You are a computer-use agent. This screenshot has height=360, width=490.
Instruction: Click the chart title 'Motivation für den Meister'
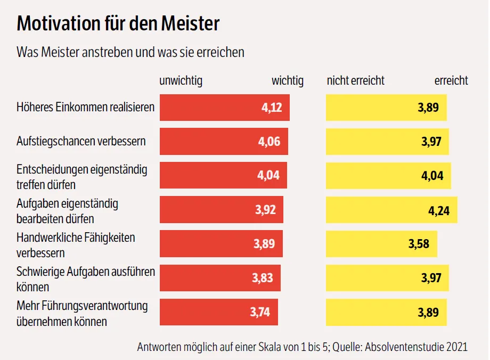pyautogui.click(x=118, y=24)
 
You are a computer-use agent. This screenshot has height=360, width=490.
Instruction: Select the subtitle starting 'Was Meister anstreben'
pyautogui.click(x=130, y=52)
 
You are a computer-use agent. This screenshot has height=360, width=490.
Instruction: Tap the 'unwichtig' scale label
pyautogui.click(x=181, y=81)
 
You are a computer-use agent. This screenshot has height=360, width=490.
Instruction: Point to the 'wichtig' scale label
pyautogui.click(x=287, y=81)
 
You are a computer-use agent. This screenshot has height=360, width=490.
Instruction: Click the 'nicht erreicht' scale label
pyautogui.click(x=355, y=81)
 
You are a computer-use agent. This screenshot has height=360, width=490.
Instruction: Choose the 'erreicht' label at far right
pyautogui.click(x=451, y=81)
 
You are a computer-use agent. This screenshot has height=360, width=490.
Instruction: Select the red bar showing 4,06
pyautogui.click(x=224, y=142)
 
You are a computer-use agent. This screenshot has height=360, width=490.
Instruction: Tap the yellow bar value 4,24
pyautogui.click(x=439, y=210)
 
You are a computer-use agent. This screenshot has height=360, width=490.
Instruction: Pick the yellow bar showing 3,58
pyautogui.click(x=381, y=244)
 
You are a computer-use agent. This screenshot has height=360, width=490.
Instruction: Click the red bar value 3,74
pyautogui.click(x=260, y=312)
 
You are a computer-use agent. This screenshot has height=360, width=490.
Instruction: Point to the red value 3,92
pyautogui.click(x=265, y=210)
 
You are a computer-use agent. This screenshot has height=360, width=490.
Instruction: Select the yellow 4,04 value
pyautogui.click(x=432, y=176)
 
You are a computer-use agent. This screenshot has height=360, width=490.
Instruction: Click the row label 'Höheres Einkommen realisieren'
pyautogui.click(x=85, y=107)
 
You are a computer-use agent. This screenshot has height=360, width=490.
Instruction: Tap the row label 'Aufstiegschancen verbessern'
pyautogui.click(x=81, y=142)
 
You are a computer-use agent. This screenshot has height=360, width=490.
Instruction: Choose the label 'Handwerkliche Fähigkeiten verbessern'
pyautogui.click(x=76, y=244)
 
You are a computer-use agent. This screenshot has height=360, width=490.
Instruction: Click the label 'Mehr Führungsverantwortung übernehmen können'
pyautogui.click(x=82, y=314)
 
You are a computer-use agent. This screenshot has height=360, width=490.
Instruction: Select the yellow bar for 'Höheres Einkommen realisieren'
pyautogui.click(x=386, y=108)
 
